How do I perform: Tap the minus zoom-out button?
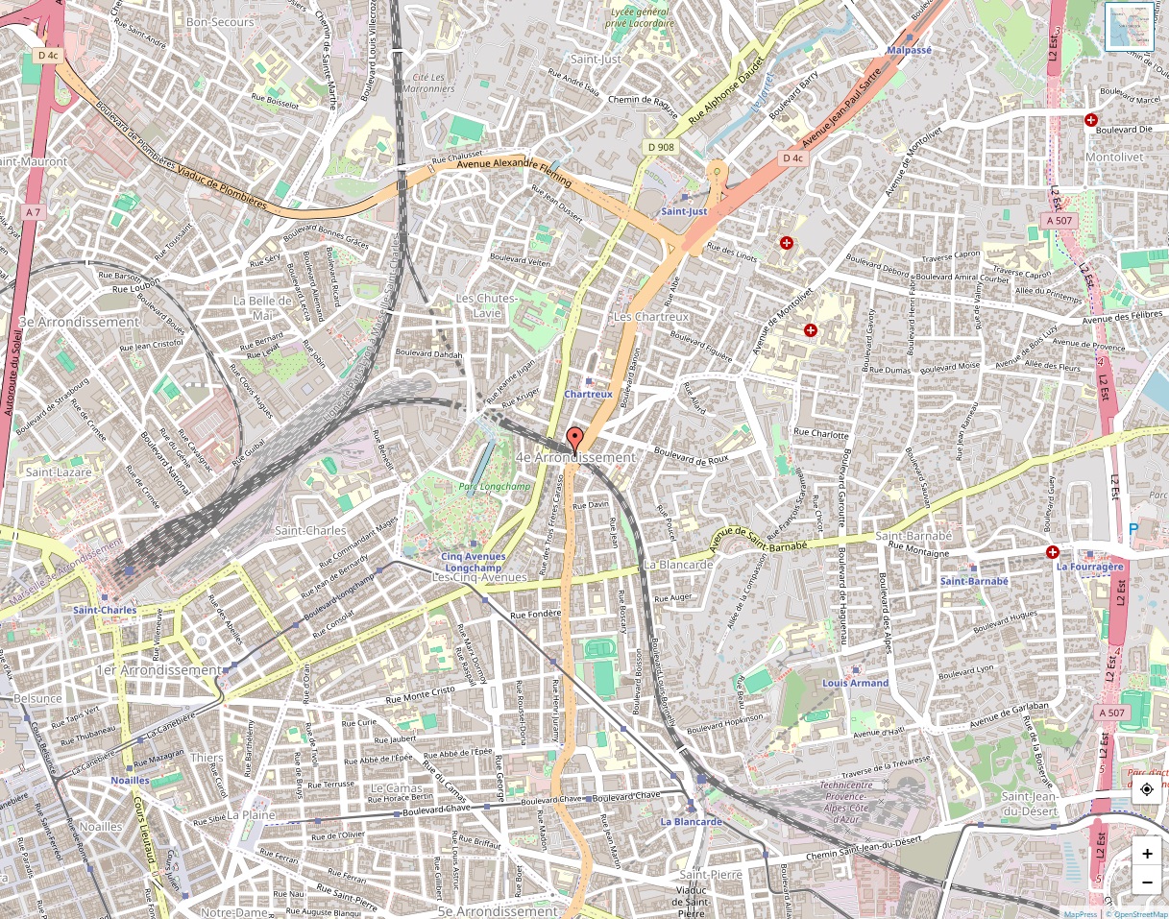(1147, 881)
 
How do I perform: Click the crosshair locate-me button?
(1147, 789)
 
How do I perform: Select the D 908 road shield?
(661, 147)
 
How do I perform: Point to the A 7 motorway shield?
(34, 211)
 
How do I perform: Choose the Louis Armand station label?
(855, 683)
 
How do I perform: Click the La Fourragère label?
(1089, 567)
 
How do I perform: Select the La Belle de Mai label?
(261, 307)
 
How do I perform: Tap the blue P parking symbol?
(1133, 529)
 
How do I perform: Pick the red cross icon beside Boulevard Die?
(1090, 120)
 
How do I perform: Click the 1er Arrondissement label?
(158, 669)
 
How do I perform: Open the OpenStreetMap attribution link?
(1138, 914)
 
